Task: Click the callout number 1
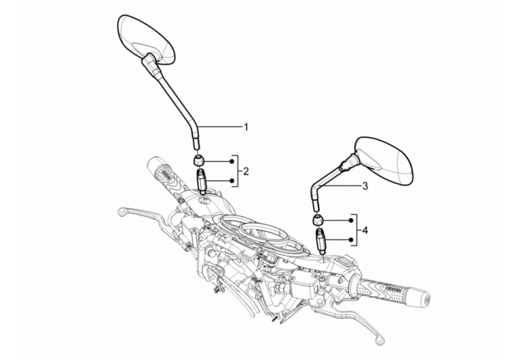click(x=245, y=127)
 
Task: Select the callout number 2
click(x=246, y=171)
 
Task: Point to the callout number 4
click(x=365, y=230)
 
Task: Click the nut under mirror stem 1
click(x=199, y=161)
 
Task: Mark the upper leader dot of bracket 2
click(x=232, y=161)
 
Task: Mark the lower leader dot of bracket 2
click(x=232, y=180)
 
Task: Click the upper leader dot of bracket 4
click(x=351, y=220)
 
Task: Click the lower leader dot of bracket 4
click(x=351, y=240)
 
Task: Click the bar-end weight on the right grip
click(x=422, y=300)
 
